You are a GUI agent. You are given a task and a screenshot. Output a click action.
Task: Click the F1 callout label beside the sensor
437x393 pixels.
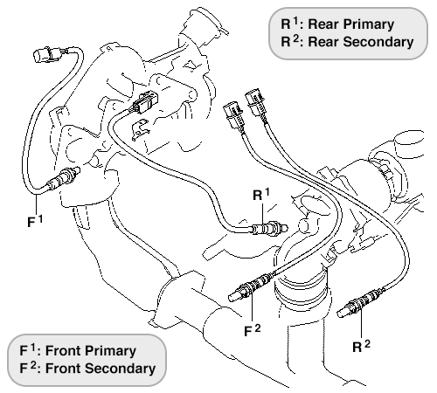tap(35, 221)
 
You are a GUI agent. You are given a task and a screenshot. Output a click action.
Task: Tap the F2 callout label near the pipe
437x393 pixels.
tap(253, 330)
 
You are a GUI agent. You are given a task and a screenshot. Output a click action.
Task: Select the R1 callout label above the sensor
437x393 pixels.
tap(261, 195)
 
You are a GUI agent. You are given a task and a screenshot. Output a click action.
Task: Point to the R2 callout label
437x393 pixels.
tap(361, 346)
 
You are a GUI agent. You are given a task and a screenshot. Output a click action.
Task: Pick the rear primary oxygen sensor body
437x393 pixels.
tap(269, 228)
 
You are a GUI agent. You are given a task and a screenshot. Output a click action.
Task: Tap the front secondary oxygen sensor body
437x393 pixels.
tap(252, 287)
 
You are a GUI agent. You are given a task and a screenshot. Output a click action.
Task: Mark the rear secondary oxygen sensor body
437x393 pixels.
tap(361, 303)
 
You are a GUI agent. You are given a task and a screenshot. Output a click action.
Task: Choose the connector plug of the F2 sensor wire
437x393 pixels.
tap(233, 115)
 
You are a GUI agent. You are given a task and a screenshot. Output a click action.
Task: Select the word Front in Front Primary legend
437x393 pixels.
tap(62, 351)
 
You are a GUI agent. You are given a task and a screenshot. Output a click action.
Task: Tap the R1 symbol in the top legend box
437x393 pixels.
tap(289, 24)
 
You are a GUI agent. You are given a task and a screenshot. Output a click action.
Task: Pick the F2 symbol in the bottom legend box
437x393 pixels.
tap(28, 368)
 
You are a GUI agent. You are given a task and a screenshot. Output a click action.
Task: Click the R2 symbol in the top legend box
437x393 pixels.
tap(290, 41)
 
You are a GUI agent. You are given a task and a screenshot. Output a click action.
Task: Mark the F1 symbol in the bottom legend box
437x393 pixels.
tap(27, 350)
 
